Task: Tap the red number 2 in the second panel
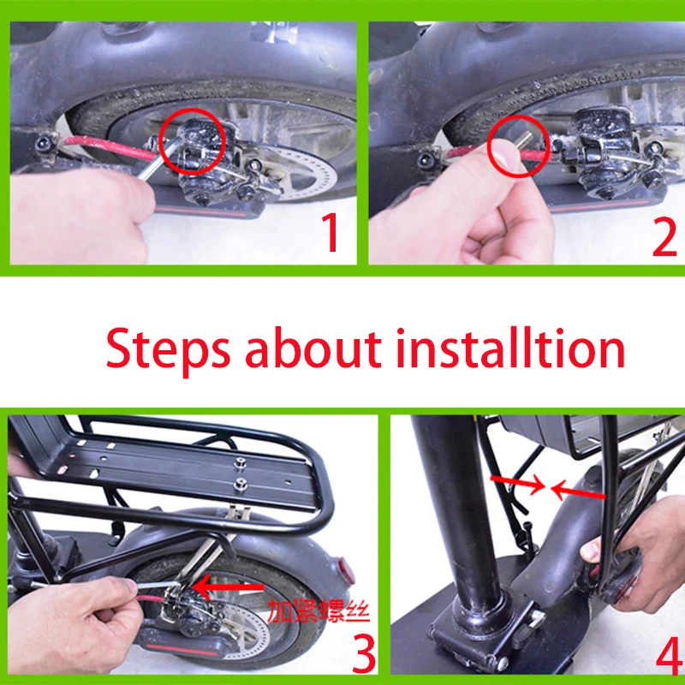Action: pos(664,239)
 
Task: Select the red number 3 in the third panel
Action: pos(363,653)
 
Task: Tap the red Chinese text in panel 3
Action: pos(319,611)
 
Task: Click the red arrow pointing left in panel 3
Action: pos(228,587)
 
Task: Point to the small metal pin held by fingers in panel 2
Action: pos(522,140)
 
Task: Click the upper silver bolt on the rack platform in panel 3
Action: pos(239,462)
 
